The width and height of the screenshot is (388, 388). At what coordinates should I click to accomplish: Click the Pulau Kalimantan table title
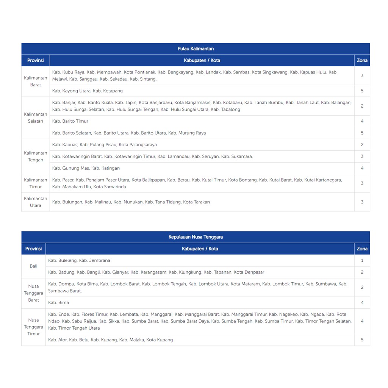196,48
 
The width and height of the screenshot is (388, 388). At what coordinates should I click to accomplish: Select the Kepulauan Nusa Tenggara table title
196,237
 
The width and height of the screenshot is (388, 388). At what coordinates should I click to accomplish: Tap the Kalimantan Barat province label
36,81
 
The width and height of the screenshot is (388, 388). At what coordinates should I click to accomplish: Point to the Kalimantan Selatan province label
36,118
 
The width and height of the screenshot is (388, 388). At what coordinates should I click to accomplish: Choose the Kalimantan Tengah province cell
36,156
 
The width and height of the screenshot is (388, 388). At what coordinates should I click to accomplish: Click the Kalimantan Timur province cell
36,183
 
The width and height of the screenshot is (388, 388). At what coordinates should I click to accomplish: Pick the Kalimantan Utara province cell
36,202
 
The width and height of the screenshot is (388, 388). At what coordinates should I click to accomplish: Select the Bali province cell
34,266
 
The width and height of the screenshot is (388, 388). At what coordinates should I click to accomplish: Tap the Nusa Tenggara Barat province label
34,293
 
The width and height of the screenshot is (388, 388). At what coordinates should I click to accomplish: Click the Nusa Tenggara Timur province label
34,327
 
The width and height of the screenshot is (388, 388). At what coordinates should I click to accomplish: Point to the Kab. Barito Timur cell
70,121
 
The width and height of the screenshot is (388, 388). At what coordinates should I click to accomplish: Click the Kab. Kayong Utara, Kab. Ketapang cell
88,91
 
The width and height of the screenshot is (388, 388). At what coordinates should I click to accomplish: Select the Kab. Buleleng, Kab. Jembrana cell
79,260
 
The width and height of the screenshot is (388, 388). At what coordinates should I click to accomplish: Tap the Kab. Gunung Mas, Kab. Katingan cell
86,168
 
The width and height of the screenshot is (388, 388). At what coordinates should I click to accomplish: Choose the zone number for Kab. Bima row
362,302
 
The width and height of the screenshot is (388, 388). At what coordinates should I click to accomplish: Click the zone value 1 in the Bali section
362,260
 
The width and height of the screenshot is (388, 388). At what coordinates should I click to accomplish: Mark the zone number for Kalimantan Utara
362,202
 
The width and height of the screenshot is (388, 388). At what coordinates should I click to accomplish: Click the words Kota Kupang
160,340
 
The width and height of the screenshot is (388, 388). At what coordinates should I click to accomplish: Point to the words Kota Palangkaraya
138,145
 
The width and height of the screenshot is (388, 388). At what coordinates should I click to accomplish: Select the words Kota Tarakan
196,202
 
